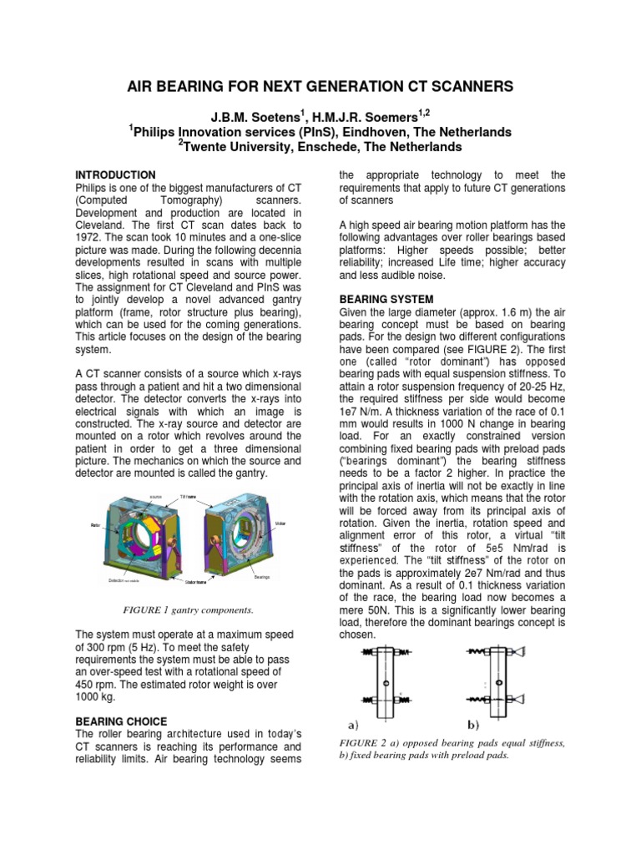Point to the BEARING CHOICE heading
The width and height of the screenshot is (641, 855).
122,721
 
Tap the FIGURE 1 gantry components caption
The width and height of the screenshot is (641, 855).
189,610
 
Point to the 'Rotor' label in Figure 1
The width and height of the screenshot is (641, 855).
96,525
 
